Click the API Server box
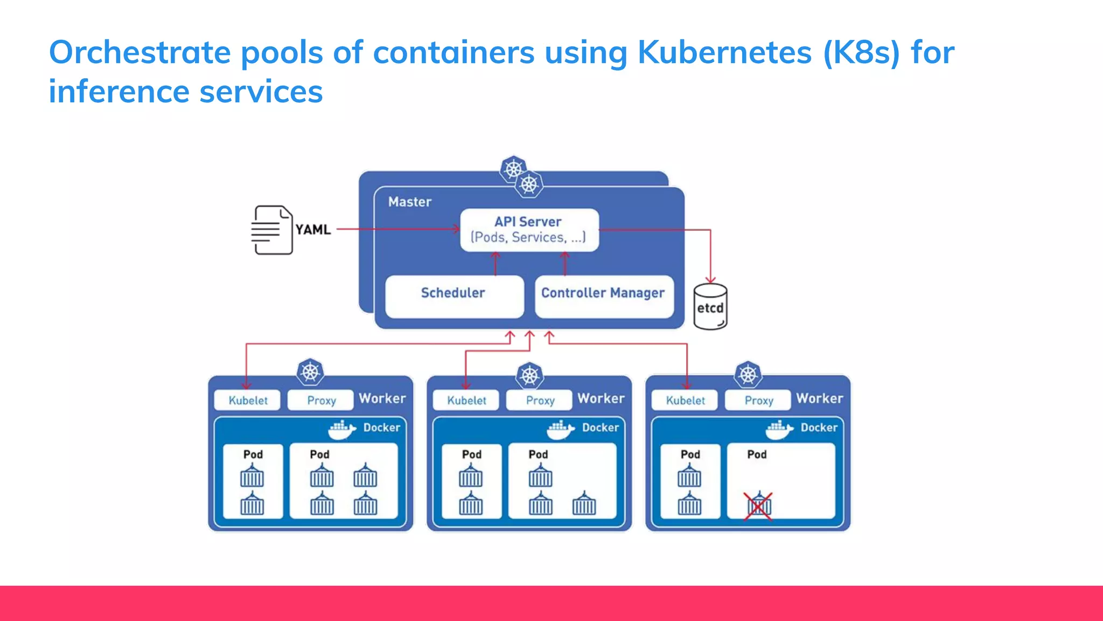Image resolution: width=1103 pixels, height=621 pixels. pyautogui.click(x=529, y=230)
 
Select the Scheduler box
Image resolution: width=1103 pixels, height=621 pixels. pyautogui.click(x=454, y=296)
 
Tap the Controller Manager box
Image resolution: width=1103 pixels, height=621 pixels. pyautogui.click(x=604, y=296)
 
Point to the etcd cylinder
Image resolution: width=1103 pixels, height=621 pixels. pyautogui.click(x=710, y=307)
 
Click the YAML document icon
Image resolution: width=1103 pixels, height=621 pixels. pyautogui.click(x=273, y=230)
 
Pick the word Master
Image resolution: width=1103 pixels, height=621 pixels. pyautogui.click(x=410, y=202)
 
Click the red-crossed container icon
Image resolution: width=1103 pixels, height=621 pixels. pyautogui.click(x=758, y=506)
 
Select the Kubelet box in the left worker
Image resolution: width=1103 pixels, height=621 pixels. pyautogui.click(x=248, y=400)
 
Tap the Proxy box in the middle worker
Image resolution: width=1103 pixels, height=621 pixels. pyautogui.click(x=539, y=400)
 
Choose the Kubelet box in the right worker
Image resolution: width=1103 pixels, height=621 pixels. pyautogui.click(x=685, y=400)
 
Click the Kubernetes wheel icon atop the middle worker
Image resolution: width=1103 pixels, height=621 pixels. pyautogui.click(x=529, y=375)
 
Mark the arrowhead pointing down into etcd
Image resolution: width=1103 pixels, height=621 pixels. pyautogui.click(x=710, y=280)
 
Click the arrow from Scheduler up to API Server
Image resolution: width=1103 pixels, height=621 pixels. pyautogui.click(x=495, y=264)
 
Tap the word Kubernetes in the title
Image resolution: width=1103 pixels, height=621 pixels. pyautogui.click(x=724, y=53)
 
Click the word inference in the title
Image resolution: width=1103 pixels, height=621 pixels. pyautogui.click(x=119, y=92)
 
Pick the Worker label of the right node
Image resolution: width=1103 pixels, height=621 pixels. pyautogui.click(x=820, y=398)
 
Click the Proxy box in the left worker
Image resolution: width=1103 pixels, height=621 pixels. pyautogui.click(x=321, y=400)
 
